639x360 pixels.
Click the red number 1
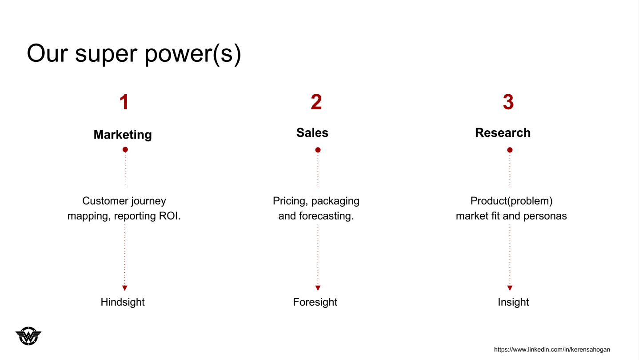(x=124, y=102)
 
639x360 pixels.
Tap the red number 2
(x=316, y=102)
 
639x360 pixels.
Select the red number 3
(x=508, y=102)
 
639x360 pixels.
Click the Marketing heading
(x=123, y=135)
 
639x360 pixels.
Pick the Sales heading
(x=312, y=132)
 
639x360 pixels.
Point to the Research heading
(x=503, y=132)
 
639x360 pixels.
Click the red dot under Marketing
(x=125, y=149)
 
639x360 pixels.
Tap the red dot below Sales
(x=318, y=150)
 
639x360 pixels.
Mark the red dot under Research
(x=510, y=150)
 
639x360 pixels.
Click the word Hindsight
(x=123, y=302)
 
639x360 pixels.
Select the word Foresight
(x=315, y=302)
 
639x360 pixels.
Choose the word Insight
(x=513, y=302)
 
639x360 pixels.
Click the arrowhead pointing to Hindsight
(x=125, y=288)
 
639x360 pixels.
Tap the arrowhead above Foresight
(x=318, y=288)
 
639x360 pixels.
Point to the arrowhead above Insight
(x=510, y=288)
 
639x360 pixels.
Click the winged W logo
(x=28, y=336)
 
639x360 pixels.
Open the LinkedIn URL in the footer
(x=552, y=349)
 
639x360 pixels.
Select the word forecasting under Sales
(x=326, y=216)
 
